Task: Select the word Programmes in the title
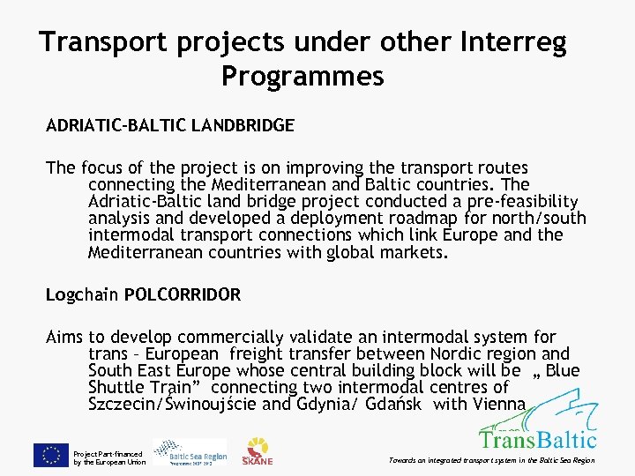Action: pos(303,77)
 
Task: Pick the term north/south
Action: pos(537,219)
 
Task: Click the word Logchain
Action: pos(82,295)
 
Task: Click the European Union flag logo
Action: pos(50,455)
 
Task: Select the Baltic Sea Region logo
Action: pos(190,452)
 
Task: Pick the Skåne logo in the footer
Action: pos(258,450)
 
